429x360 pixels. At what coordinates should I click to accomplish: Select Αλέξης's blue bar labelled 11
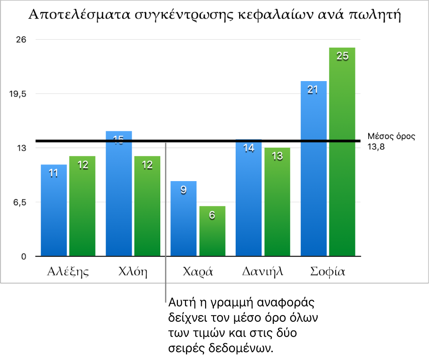click(54, 212)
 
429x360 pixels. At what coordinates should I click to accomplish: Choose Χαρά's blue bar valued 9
click(184, 220)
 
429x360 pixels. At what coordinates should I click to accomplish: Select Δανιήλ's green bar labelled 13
click(277, 203)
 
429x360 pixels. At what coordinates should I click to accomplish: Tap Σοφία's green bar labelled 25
click(342, 154)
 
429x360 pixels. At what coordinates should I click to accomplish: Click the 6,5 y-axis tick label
click(20, 202)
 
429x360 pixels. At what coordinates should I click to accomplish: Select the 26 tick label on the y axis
click(22, 40)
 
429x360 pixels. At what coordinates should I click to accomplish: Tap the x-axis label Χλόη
click(133, 271)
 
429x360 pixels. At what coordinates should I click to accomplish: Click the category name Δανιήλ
click(263, 271)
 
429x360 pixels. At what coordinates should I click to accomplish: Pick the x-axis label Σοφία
click(328, 271)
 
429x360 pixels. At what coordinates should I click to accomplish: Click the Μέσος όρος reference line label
click(391, 137)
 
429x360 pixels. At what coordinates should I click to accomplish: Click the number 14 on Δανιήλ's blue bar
click(249, 148)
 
